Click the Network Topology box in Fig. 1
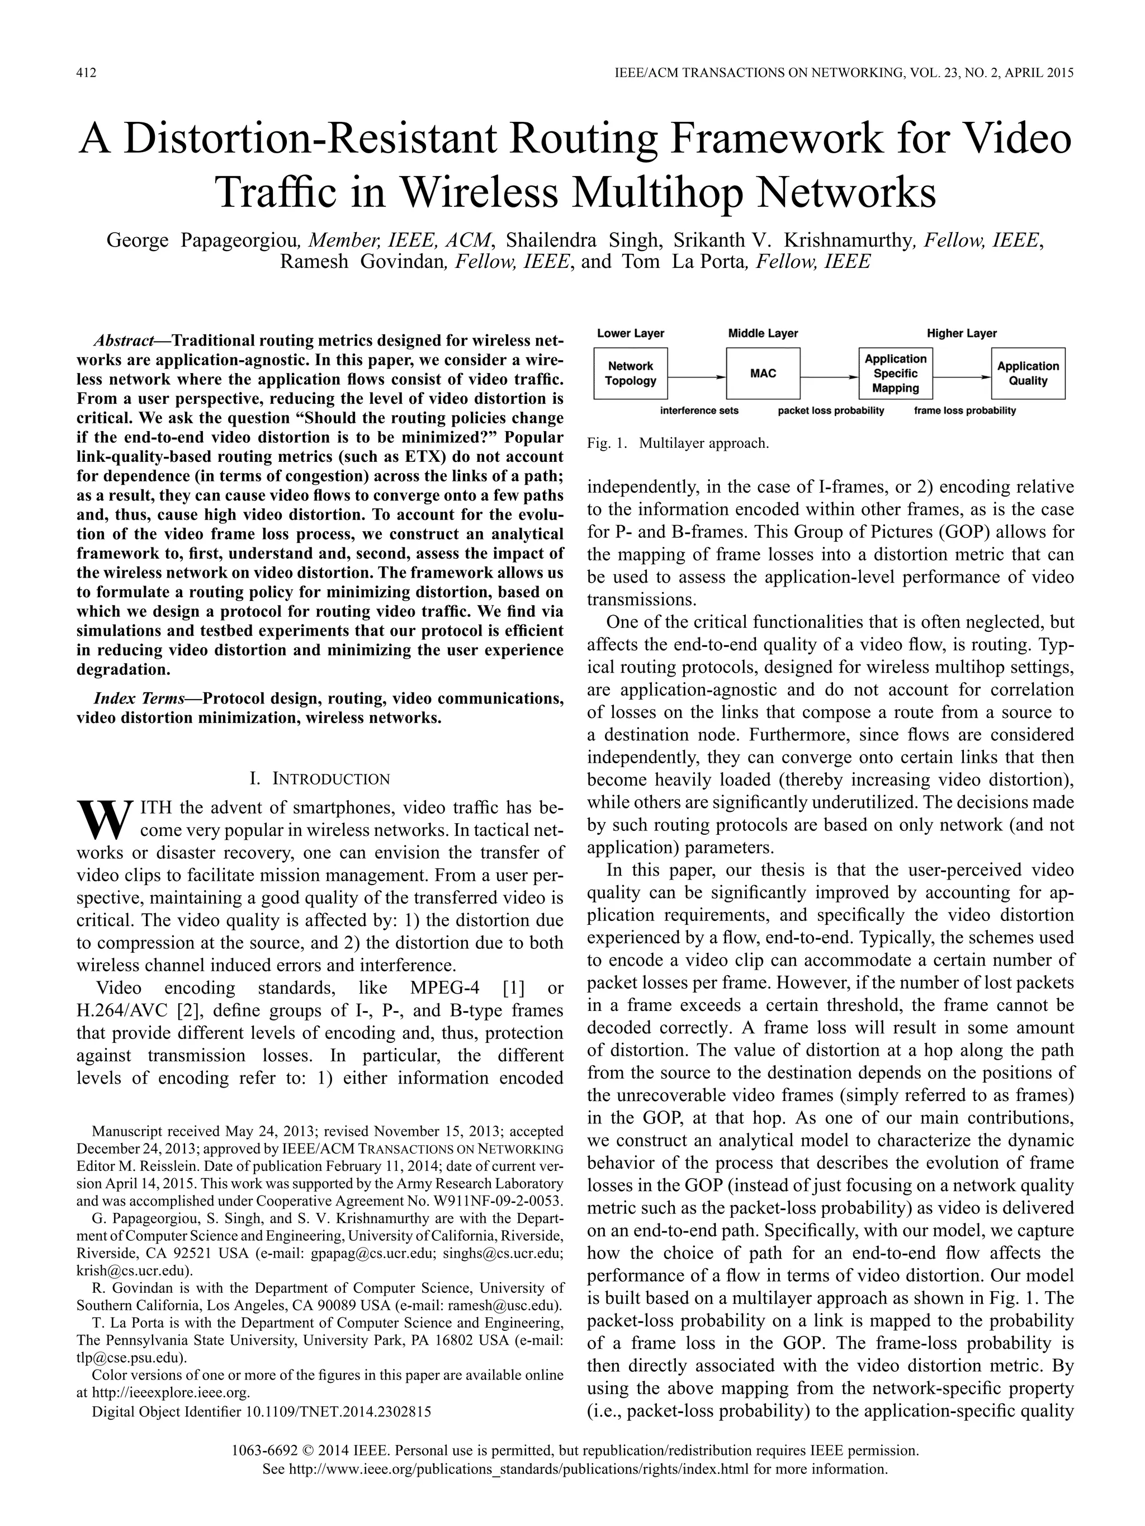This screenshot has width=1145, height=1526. tap(631, 373)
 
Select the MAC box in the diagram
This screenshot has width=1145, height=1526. tap(763, 373)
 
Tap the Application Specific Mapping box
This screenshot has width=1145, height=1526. tap(895, 373)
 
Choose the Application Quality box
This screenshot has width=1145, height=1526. tap(1028, 373)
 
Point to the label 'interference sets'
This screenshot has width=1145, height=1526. tap(699, 410)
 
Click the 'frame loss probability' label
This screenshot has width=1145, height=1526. tap(964, 410)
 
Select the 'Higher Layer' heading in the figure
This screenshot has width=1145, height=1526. tap(962, 333)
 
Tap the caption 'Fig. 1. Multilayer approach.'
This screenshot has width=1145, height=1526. tap(678, 443)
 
